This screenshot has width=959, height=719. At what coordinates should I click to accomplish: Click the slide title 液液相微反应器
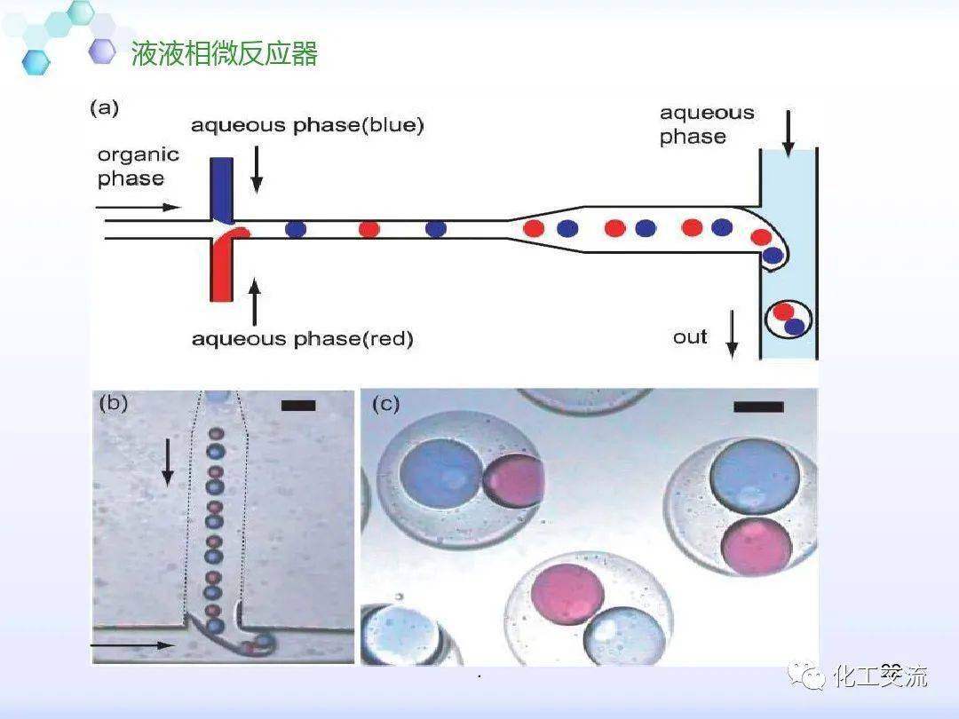[224, 55]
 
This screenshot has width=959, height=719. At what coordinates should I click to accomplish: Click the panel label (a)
[104, 108]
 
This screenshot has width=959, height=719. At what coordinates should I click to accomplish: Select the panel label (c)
[385, 405]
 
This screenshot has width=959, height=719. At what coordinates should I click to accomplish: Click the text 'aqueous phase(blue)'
[307, 126]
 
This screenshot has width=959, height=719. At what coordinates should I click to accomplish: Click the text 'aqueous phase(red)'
[302, 339]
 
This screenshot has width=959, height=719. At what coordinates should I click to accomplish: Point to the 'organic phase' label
[138, 166]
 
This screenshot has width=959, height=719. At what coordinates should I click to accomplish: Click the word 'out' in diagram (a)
[690, 336]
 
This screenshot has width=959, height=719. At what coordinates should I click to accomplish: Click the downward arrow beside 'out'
[733, 336]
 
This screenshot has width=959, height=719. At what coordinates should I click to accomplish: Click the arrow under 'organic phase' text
[138, 209]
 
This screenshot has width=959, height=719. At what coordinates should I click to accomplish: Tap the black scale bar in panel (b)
[297, 406]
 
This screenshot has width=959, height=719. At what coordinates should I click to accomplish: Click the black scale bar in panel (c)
[758, 407]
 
